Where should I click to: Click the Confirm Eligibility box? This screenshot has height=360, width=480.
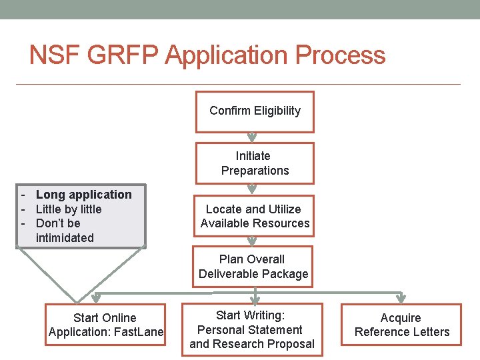coord(255,111)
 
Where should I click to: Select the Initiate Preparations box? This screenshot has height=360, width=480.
coord(255,163)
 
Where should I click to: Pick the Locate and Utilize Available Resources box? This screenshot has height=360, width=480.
coord(255,216)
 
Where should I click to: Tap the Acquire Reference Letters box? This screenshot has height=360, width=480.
coord(401,325)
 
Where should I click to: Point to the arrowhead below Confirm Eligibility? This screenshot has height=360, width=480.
coord(252,139)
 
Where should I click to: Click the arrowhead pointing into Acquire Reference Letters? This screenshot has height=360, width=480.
coord(401,298)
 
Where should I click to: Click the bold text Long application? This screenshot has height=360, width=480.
coord(83,195)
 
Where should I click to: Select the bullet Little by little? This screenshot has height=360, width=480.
coord(68,209)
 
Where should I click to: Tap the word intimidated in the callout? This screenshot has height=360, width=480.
coord(65,238)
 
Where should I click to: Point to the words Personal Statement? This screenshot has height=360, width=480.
coord(250,330)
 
